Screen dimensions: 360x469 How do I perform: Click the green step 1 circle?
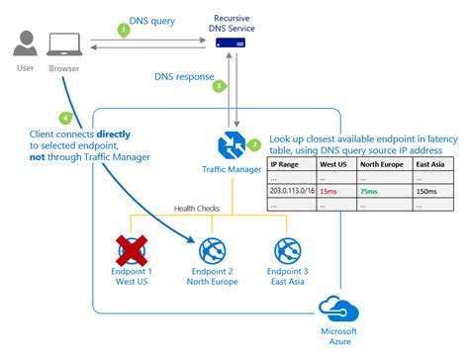click(124, 31)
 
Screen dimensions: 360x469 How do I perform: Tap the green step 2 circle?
click(254, 145)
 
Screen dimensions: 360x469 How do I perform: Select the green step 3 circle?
click(220, 86)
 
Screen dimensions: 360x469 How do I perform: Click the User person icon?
click(27, 44)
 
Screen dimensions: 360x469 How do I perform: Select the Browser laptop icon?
click(65, 45)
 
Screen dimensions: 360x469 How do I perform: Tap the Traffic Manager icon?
click(232, 147)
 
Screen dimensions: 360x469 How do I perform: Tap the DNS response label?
click(182, 73)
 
